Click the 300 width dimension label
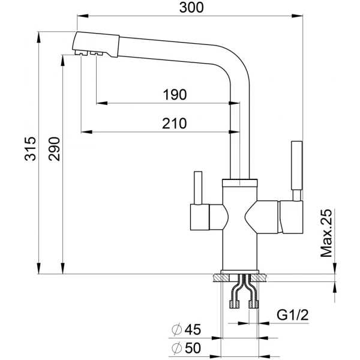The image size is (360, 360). click(x=191, y=7)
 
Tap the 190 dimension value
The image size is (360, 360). click(x=175, y=95)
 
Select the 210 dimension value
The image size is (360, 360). click(x=174, y=124)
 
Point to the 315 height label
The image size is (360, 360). click(x=31, y=149)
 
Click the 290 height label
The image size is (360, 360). click(x=54, y=149)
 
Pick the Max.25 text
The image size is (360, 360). click(x=326, y=233)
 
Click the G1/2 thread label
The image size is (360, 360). click(x=293, y=315)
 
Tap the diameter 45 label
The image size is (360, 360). click(x=186, y=329)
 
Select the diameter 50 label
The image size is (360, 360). click(x=186, y=348)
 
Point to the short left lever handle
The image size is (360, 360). click(x=198, y=188)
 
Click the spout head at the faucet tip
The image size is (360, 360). click(x=96, y=44)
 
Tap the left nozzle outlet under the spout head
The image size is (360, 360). click(x=81, y=53)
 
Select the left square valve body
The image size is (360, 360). click(x=200, y=217)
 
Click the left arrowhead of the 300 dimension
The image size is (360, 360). click(x=83, y=16)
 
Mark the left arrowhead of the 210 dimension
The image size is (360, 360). click(x=87, y=132)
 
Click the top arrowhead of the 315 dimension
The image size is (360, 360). click(x=39, y=37)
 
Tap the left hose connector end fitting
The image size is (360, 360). click(x=235, y=304)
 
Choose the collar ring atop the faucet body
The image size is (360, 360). click(x=239, y=183)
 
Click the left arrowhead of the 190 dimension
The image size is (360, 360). click(x=102, y=103)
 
